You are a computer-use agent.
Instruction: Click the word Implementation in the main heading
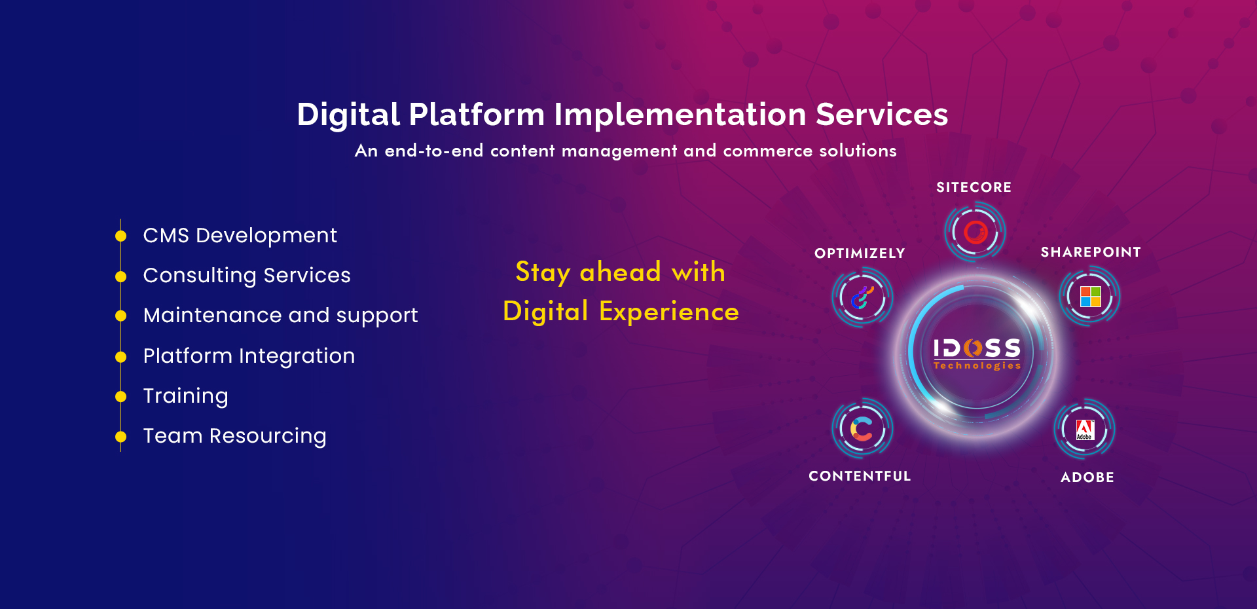pyautogui.click(x=680, y=115)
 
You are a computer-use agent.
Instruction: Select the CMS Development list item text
pyautogui.click(x=240, y=235)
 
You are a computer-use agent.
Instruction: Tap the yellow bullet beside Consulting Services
pyautogui.click(x=120, y=276)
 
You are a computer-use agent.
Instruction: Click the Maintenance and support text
pyautogui.click(x=280, y=315)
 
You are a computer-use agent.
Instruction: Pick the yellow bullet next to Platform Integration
pyautogui.click(x=120, y=357)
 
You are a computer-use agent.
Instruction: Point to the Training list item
pyautogui.click(x=185, y=396)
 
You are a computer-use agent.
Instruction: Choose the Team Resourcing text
pyautogui.click(x=234, y=435)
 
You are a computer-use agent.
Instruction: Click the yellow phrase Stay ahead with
pyautogui.click(x=620, y=272)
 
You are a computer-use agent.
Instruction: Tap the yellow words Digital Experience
pyautogui.click(x=621, y=311)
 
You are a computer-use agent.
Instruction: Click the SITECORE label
pyautogui.click(x=974, y=187)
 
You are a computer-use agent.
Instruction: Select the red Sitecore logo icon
pyautogui.click(x=975, y=232)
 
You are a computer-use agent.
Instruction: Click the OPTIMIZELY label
pyautogui.click(x=860, y=253)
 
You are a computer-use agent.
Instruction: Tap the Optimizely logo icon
pyautogui.click(x=862, y=298)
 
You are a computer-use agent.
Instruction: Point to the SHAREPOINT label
pyautogui.click(x=1091, y=252)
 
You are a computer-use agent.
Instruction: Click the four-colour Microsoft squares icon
pyautogui.click(x=1090, y=297)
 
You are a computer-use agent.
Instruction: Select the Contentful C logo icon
pyautogui.click(x=862, y=429)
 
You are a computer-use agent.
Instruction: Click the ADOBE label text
pyautogui.click(x=1087, y=477)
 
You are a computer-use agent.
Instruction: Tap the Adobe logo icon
pyautogui.click(x=1085, y=430)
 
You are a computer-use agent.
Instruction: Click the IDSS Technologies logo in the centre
pyautogui.click(x=977, y=354)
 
